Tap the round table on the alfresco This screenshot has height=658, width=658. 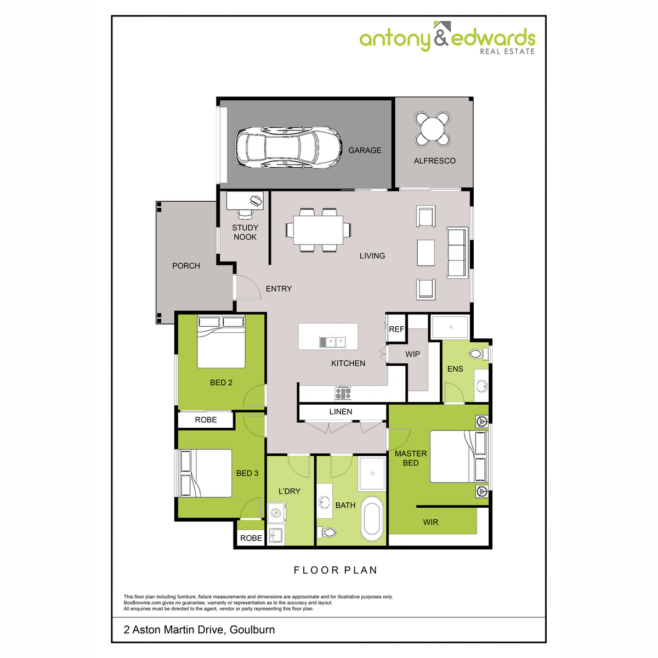(x=433, y=129)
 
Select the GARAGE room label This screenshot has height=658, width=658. (x=365, y=150)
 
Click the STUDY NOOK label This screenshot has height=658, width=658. (x=245, y=232)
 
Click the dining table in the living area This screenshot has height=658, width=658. (x=318, y=230)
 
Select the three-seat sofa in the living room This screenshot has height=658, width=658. (x=457, y=252)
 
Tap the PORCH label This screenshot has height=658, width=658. (x=186, y=266)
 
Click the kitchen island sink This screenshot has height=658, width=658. (x=332, y=342)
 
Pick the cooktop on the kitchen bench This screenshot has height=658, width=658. (x=343, y=393)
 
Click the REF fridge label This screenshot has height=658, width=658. (x=396, y=330)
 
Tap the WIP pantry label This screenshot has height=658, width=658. (x=412, y=354)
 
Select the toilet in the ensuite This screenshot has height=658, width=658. (x=476, y=354)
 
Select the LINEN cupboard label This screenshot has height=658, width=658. (x=341, y=412)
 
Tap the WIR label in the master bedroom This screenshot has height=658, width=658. (x=430, y=523)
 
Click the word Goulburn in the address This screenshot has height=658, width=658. (x=252, y=629)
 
